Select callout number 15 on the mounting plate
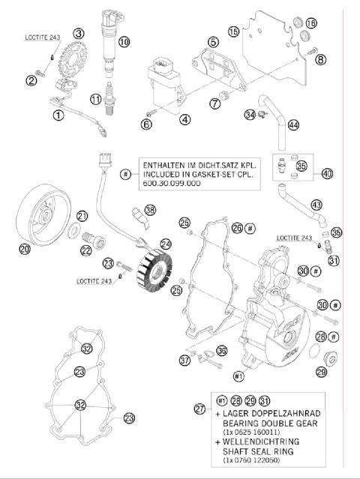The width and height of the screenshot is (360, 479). pos(234,31)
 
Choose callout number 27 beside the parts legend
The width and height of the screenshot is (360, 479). pos(199,409)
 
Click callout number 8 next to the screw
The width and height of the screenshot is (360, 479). pos(321,59)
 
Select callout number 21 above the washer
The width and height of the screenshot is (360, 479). pos(82,216)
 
